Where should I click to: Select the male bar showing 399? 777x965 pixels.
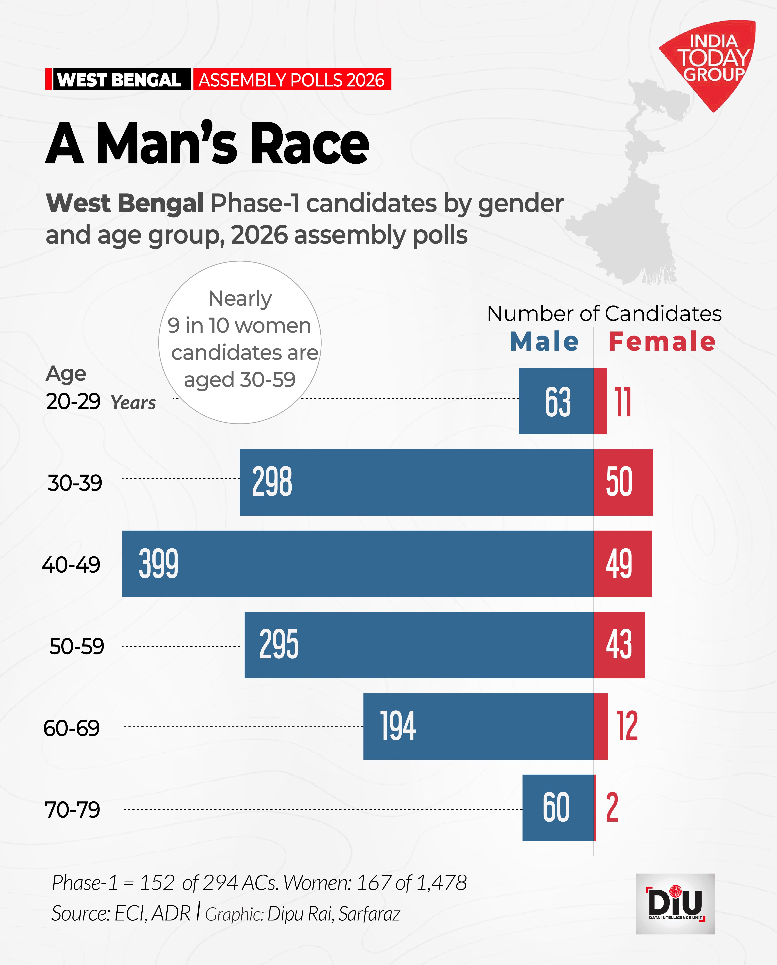click(358, 564)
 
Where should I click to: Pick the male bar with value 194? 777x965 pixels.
click(479, 726)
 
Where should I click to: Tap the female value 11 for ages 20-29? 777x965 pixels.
click(624, 402)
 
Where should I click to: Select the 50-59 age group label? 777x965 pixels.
click(77, 646)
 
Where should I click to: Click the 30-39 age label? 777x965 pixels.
click(75, 483)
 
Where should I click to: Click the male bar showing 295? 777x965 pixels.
click(419, 645)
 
